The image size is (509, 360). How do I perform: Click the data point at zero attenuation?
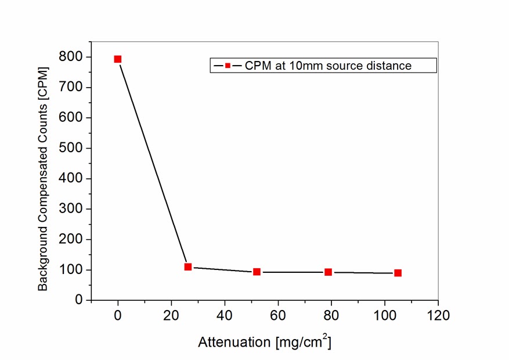(118, 59)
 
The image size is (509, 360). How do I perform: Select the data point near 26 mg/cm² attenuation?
(188, 267)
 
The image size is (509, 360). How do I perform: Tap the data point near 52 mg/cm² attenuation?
(257, 272)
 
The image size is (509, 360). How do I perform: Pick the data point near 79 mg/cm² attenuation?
(328, 272)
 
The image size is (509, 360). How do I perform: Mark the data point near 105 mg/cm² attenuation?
(398, 273)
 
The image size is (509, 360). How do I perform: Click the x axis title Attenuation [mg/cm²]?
(265, 342)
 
